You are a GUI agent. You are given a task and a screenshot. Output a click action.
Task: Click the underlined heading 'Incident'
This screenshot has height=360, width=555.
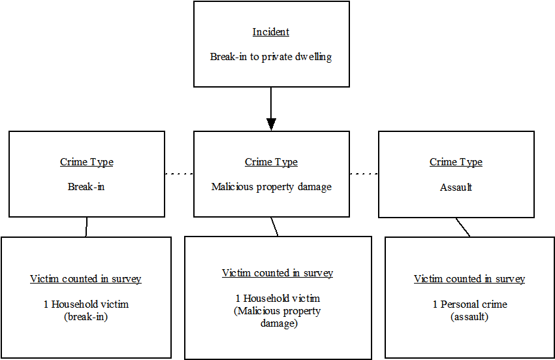point(271,32)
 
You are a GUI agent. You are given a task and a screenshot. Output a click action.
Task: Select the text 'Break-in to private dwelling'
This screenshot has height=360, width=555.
point(271,57)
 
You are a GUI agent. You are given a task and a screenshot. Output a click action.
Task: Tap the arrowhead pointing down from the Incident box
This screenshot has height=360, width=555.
point(271,123)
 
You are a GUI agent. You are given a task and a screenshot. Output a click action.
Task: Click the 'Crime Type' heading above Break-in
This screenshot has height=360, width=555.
point(86,162)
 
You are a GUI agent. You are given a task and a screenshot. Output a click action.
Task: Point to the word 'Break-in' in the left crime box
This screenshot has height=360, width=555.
point(86,187)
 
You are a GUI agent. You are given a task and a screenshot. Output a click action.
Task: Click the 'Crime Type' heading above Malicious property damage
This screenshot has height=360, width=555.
point(271,162)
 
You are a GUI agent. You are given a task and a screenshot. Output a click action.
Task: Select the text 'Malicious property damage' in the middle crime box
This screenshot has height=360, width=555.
point(271,187)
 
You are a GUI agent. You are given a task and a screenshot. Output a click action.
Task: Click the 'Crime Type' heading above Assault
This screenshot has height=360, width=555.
point(456,162)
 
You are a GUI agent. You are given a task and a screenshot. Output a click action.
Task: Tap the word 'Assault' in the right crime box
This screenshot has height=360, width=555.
point(456,187)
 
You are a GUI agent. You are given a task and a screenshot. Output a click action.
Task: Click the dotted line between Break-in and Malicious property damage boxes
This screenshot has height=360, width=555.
point(179,174)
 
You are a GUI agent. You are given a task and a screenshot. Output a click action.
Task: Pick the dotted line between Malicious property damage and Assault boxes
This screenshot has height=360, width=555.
point(364,174)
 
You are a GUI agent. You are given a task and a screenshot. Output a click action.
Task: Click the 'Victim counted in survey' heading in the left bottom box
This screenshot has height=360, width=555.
point(86,279)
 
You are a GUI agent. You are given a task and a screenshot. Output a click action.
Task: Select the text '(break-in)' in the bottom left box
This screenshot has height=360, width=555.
point(86,317)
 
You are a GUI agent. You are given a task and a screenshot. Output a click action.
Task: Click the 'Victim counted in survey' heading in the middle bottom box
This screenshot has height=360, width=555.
point(277,273)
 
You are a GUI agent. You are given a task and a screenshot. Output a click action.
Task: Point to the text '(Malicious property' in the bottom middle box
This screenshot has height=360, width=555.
point(277,311)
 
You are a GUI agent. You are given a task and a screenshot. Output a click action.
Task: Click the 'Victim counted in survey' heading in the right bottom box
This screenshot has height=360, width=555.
point(469,279)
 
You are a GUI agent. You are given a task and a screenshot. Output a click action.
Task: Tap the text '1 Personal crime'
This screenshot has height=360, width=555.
point(469,304)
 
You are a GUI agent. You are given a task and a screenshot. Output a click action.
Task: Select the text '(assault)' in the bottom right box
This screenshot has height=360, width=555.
point(469,317)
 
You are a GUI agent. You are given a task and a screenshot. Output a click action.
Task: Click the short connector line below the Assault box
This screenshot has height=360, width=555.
point(463,227)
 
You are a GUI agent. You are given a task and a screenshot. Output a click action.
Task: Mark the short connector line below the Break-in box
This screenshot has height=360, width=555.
point(86,227)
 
